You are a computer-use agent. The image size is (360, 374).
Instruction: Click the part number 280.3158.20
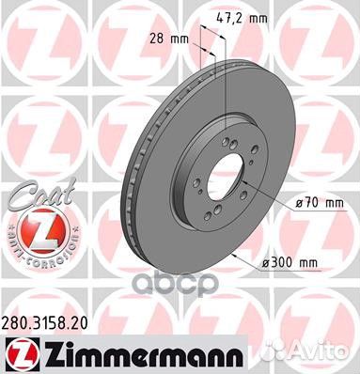click(x=49, y=320)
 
